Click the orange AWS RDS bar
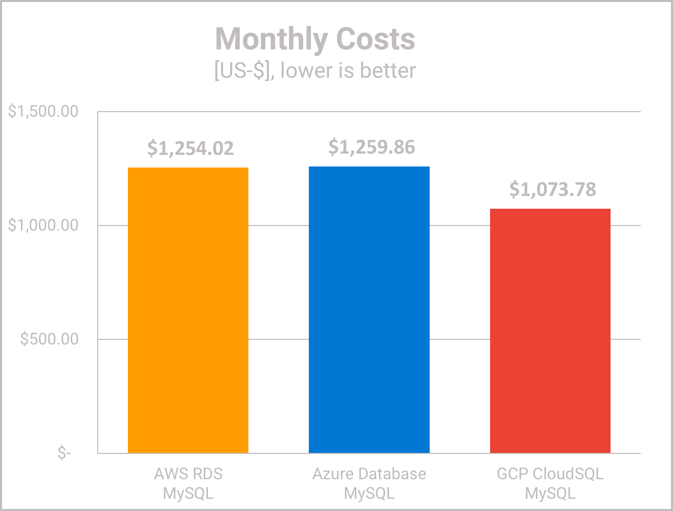pyautogui.click(x=188, y=310)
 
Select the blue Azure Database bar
pyautogui.click(x=369, y=310)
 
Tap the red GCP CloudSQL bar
pyautogui.click(x=550, y=331)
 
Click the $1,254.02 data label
pyautogui.click(x=190, y=148)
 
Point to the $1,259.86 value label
pyautogui.click(x=371, y=147)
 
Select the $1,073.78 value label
pyautogui.click(x=553, y=189)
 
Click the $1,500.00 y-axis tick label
pyautogui.click(x=43, y=111)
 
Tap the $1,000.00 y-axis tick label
pyautogui.click(x=43, y=225)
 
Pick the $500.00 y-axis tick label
pyautogui.click(x=49, y=339)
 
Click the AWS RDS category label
pyautogui.click(x=188, y=474)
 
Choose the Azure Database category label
pyautogui.click(x=369, y=474)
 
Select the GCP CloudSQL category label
pyautogui.click(x=550, y=474)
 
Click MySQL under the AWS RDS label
pyautogui.click(x=188, y=493)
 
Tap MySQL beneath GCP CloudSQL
pyautogui.click(x=550, y=493)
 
